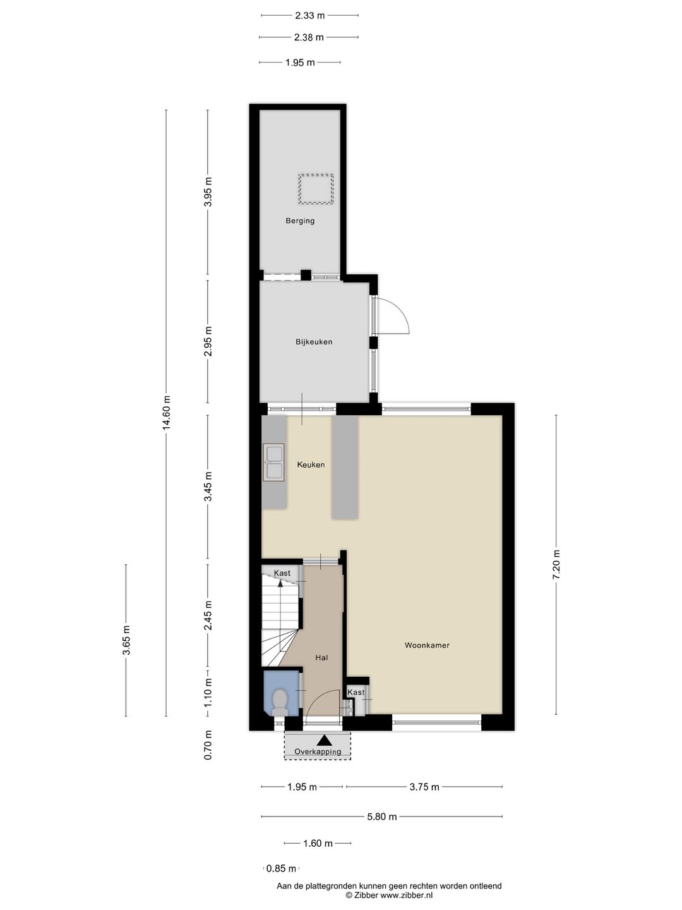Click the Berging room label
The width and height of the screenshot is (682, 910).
pos(300,221)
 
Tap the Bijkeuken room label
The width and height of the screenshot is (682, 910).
pos(314,342)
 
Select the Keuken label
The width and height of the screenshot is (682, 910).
pos(311,464)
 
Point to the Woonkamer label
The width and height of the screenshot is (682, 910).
pos(427,645)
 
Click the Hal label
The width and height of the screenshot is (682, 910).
pos(321,657)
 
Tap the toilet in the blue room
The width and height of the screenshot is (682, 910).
pos(280,702)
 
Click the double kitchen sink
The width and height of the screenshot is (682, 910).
pos(273,462)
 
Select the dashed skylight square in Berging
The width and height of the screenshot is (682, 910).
pos(316,188)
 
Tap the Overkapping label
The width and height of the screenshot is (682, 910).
pos(318,751)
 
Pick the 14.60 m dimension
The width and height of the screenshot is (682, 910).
pos(167,413)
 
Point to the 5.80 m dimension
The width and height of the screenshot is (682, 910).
pos(382,816)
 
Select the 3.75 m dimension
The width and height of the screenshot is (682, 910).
pos(424,787)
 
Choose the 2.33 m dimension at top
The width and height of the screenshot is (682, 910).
pos(309,15)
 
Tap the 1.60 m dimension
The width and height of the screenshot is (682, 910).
pos(318,843)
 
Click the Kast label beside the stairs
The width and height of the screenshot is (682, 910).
pos(282,573)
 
